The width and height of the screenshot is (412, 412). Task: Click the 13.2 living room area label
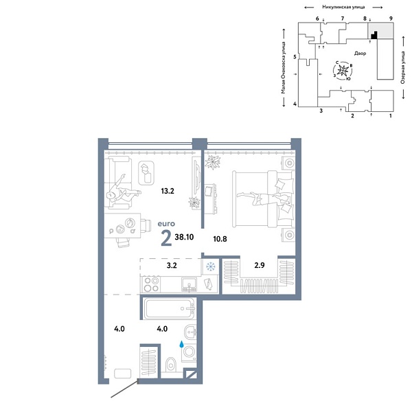point(168,191)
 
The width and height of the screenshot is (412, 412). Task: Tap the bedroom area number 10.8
point(220,239)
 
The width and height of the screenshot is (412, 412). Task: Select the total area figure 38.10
point(184,237)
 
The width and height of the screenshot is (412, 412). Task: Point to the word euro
point(166,224)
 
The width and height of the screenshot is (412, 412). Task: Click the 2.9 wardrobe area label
point(260,265)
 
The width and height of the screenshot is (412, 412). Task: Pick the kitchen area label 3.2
point(172,265)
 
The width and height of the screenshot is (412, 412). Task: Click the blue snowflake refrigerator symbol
point(211,267)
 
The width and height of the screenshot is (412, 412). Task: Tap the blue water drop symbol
point(181,344)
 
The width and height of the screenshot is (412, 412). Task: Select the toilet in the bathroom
point(171,365)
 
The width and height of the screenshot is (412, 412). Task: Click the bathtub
point(170,308)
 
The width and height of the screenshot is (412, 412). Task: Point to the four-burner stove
point(151,284)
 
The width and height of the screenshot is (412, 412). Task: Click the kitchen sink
point(189,284)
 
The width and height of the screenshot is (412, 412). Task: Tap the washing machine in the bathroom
point(189,352)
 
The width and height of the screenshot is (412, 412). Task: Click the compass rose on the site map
point(343,71)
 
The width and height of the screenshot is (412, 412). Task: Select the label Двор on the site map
point(360,54)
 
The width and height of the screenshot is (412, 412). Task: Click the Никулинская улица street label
point(343,7)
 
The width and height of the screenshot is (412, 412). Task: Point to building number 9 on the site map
point(391,19)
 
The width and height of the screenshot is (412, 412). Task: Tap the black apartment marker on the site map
point(375,36)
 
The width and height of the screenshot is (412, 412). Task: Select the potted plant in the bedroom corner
point(212,162)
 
